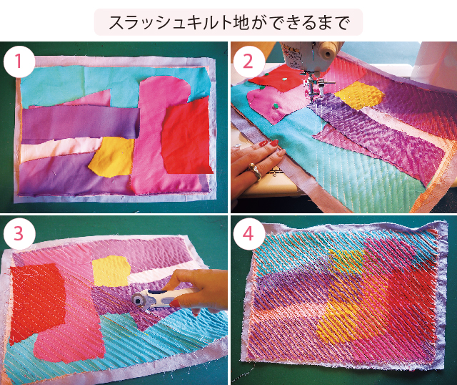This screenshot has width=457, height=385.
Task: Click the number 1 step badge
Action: point(19,62)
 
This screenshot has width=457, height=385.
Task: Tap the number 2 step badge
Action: point(248,62)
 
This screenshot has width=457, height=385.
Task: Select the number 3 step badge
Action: point(19,234)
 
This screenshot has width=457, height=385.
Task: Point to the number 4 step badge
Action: point(248,234)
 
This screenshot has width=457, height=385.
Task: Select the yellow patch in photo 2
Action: point(359,95)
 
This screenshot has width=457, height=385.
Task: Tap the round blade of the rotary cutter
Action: point(138,299)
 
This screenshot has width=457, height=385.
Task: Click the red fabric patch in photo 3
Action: point(36,301)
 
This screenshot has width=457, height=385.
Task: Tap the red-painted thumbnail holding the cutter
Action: point(175,304)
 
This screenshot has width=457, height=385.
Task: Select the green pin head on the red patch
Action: point(284,79)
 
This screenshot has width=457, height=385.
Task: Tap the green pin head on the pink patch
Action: point(274,106)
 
